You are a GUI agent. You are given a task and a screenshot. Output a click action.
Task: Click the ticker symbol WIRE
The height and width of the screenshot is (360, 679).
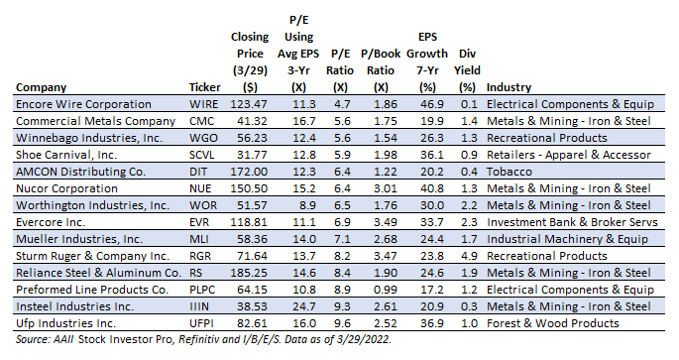(203, 104)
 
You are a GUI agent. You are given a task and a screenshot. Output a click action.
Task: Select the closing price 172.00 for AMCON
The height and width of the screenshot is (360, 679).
(249, 172)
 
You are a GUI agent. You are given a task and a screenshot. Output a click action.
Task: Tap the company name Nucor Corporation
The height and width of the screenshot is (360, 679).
(66, 188)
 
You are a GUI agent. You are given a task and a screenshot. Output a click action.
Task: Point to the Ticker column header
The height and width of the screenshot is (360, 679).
(205, 87)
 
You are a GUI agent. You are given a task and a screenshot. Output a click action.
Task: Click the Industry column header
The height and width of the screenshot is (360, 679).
(509, 87)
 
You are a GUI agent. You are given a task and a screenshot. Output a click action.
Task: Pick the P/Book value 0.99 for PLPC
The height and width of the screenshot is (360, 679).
(386, 290)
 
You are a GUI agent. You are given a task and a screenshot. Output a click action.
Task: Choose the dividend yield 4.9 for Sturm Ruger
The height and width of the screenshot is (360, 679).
(469, 256)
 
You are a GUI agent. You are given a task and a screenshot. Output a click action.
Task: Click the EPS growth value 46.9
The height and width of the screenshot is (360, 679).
(432, 104)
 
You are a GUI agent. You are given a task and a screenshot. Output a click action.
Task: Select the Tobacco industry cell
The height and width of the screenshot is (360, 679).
(509, 172)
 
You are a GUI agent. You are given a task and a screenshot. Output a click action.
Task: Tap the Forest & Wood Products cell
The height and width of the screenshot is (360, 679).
(553, 323)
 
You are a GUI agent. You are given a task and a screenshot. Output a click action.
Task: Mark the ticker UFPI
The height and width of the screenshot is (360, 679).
(201, 323)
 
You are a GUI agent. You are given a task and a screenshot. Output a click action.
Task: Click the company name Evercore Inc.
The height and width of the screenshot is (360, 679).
(51, 223)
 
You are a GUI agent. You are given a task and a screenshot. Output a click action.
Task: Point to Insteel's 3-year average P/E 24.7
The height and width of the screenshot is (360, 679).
(304, 306)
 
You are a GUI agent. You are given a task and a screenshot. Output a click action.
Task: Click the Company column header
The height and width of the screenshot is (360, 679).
(42, 87)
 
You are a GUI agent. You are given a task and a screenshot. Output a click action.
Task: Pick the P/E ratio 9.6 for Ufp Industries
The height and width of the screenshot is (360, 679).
(342, 323)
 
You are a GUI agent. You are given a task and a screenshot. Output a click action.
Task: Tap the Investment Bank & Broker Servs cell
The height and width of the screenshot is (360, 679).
(572, 223)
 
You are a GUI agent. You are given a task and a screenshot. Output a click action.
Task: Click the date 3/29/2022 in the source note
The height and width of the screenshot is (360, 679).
(366, 339)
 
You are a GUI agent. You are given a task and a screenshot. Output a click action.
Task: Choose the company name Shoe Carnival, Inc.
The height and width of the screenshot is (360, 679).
(66, 155)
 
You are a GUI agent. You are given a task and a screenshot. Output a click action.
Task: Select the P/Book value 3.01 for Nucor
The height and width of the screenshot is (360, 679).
(386, 188)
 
